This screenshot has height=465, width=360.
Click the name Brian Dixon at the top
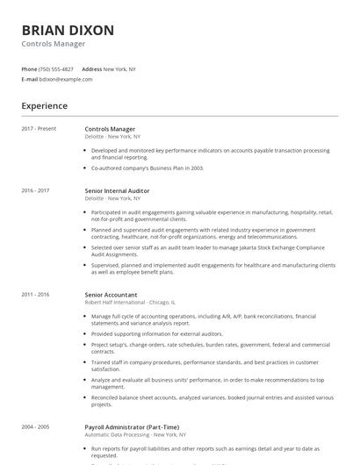tap(68, 30)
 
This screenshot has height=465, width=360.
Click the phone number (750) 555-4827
tap(56, 68)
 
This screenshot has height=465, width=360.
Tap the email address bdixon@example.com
tap(66, 79)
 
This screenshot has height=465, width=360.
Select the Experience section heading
tap(44, 106)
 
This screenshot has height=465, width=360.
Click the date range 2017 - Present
tap(39, 129)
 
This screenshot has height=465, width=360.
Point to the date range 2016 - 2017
tap(35, 190)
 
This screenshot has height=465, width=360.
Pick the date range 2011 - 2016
tap(35, 295)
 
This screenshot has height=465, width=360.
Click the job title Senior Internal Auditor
tap(117, 190)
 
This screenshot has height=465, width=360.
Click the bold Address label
tap(91, 68)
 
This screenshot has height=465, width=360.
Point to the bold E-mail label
tap(30, 79)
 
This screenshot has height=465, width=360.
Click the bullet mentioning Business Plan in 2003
tap(148, 167)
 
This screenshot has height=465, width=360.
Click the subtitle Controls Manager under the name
tap(54, 44)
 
